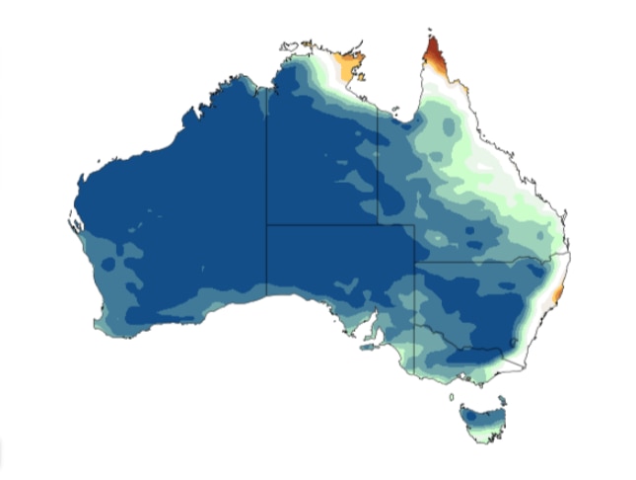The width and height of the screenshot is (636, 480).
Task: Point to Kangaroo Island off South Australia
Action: click(372, 345)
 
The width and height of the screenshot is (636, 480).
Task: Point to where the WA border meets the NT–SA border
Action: click(266, 225)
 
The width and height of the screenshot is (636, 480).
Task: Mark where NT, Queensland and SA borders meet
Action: click(380, 225)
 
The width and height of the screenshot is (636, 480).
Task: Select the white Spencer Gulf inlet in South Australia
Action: click(370, 322)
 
